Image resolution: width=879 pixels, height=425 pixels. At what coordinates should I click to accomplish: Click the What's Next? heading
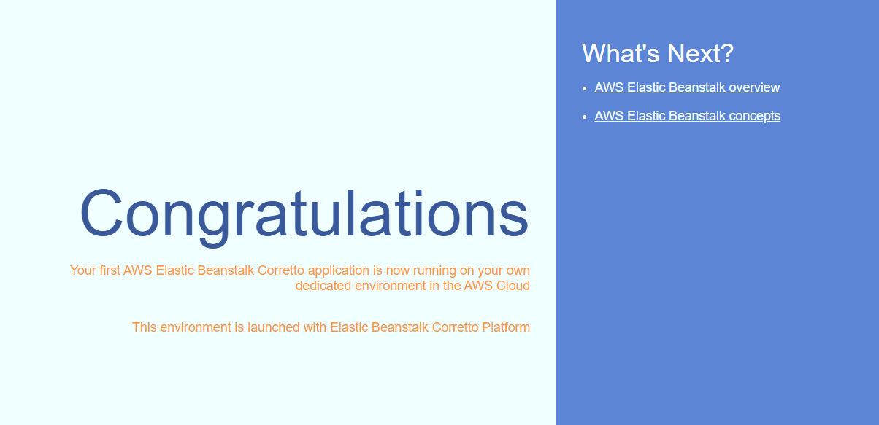[x=658, y=53]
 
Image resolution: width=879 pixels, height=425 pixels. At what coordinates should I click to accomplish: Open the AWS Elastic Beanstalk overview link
[x=687, y=87]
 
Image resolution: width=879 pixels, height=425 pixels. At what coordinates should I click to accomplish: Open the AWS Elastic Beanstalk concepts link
[x=688, y=116]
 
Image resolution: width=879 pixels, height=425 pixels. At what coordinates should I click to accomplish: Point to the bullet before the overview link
[x=585, y=88]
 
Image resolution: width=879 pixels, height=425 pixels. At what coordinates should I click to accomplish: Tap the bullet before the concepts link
[x=585, y=117]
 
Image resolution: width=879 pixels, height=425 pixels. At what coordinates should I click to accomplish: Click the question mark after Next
[x=727, y=53]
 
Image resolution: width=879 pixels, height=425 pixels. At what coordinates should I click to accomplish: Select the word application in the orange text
[x=339, y=271]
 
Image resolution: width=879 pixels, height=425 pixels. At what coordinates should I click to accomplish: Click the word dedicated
[x=323, y=286]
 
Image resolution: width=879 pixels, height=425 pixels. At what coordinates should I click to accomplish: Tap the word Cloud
[x=513, y=286]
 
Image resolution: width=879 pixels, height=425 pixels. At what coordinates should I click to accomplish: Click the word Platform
[x=506, y=327]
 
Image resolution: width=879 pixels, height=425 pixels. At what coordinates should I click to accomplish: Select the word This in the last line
[x=145, y=327]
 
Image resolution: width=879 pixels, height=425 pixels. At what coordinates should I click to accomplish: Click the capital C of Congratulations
[x=101, y=213]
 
